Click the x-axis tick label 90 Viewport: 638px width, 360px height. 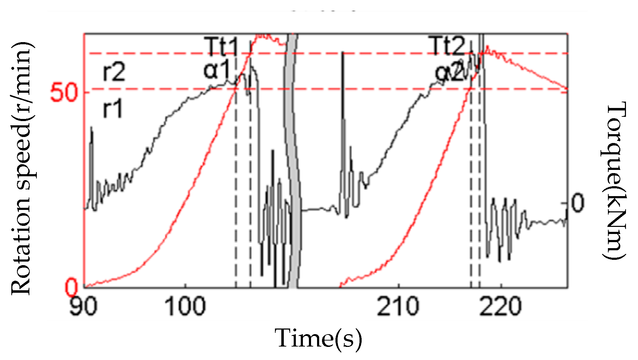(x=83, y=306)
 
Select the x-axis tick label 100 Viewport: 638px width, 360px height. (x=185, y=306)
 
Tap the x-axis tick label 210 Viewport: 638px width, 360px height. (x=398, y=306)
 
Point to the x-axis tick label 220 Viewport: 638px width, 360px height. (x=500, y=306)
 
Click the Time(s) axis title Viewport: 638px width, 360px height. (x=318, y=338)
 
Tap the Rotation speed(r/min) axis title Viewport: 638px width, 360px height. (x=22, y=168)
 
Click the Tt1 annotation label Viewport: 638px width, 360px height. (x=221, y=46)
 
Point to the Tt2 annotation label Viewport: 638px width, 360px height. (x=448, y=46)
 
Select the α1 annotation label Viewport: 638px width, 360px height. (x=217, y=70)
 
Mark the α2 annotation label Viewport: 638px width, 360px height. (x=449, y=73)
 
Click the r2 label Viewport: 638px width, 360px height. (x=114, y=72)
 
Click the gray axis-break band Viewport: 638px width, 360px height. (x=293, y=159)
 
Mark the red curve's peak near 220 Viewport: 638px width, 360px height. (x=488, y=46)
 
